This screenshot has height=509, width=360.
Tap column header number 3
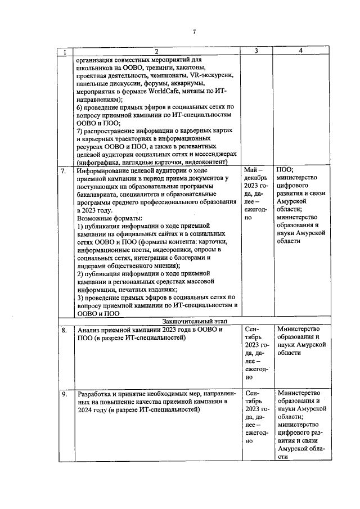[256, 51]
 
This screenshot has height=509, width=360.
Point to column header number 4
[301, 51]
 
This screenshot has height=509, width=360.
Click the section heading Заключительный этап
[187, 321]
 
